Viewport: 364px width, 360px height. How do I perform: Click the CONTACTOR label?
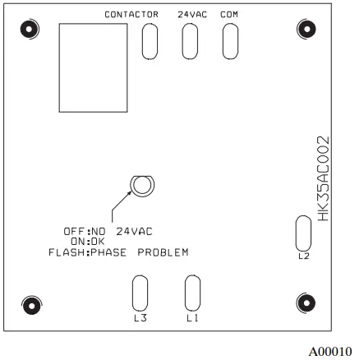click(131, 15)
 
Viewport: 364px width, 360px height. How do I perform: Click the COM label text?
click(229, 15)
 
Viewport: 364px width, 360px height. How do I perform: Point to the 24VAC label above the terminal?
click(192, 15)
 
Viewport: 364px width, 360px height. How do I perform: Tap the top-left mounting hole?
click(30, 29)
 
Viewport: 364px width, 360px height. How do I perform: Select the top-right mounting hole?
click(306, 29)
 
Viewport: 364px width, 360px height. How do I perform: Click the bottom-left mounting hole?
click(31, 305)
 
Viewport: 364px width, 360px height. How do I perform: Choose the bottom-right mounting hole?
click(306, 302)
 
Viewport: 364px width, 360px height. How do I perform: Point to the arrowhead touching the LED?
click(130, 193)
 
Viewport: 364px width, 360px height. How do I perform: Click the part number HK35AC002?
click(323, 178)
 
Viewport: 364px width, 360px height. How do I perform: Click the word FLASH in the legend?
click(67, 252)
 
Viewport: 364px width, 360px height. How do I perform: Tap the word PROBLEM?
click(163, 252)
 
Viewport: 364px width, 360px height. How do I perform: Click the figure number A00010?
click(330, 352)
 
